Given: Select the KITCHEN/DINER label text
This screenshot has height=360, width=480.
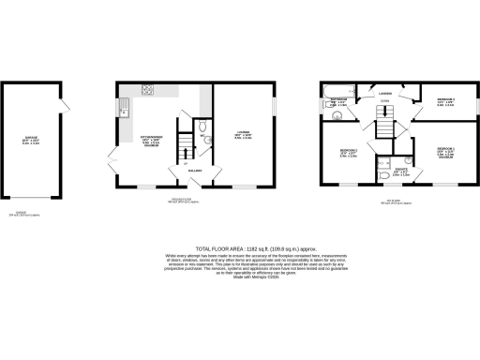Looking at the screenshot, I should [x=151, y=139].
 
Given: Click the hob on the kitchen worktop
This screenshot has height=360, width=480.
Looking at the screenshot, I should [x=147, y=90].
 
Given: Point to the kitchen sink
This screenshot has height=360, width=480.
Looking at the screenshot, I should [x=124, y=112].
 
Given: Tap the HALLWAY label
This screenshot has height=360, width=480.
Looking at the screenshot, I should [x=195, y=171].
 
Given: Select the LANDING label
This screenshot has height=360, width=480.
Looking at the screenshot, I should [x=384, y=94].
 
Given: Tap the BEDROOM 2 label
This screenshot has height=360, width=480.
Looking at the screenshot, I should [x=346, y=152].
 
